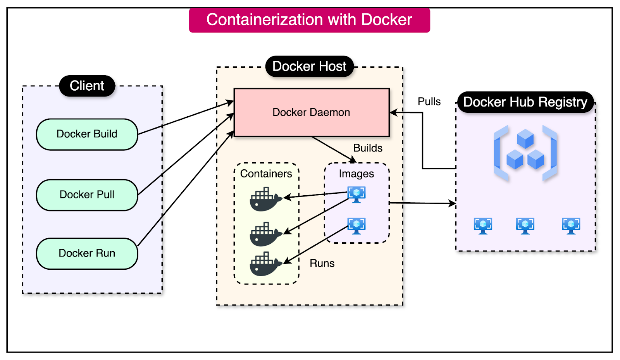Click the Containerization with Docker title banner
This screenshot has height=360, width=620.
[x=309, y=20]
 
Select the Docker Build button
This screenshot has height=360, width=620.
[x=87, y=134]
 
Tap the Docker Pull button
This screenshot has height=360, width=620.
[x=87, y=195]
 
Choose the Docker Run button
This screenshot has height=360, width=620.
[x=87, y=253]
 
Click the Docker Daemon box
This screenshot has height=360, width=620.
[x=312, y=112]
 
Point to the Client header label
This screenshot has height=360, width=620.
[x=87, y=86]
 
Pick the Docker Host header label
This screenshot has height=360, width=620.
[x=309, y=66]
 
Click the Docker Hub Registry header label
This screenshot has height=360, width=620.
[x=525, y=102]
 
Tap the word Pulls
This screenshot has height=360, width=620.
[x=429, y=102]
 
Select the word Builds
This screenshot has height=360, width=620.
[x=368, y=148]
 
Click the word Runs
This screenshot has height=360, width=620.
[x=322, y=264]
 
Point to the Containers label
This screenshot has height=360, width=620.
[x=266, y=174]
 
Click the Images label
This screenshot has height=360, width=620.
[x=356, y=174]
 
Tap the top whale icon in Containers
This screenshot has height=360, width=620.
[x=265, y=199]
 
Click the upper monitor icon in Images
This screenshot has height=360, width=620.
[x=356, y=194]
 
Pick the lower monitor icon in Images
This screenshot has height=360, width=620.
[x=356, y=226]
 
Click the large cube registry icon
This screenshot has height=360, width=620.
[x=525, y=153]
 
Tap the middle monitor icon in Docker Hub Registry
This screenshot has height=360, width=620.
[x=525, y=226]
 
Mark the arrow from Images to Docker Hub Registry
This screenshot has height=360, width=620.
[x=422, y=203]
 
